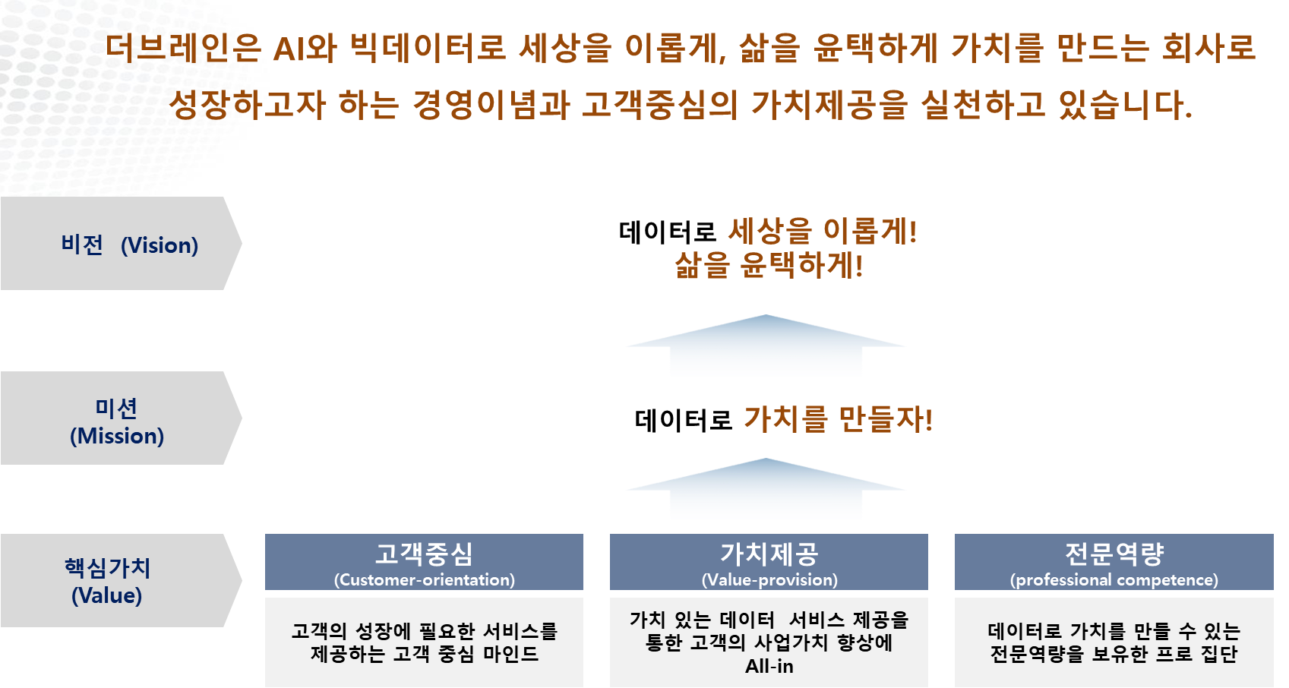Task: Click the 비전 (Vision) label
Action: [129, 245]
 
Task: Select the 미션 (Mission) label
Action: [117, 421]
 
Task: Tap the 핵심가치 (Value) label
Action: [107, 581]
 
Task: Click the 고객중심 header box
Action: [424, 561]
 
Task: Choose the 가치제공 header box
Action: [769, 561]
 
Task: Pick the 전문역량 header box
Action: [1114, 561]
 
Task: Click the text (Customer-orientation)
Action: [424, 579]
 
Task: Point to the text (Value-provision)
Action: [769, 579]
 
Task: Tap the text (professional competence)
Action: [1114, 579]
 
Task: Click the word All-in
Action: [769, 666]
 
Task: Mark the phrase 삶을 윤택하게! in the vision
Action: [769, 266]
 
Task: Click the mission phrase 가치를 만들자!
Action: [838, 418]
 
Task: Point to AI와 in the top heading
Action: [305, 47]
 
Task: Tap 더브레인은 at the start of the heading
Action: [183, 47]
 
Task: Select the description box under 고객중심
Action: [424, 642]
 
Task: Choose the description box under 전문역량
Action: [1114, 642]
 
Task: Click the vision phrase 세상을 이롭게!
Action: [823, 232]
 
